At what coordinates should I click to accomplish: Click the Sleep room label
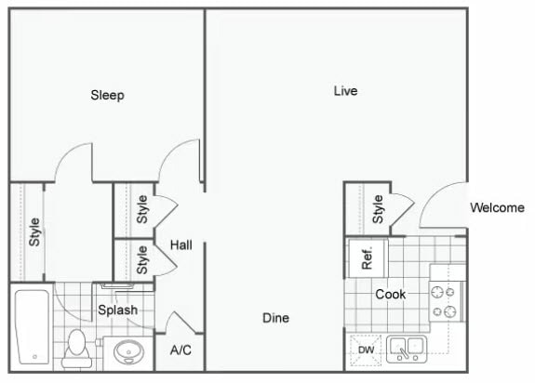click(x=107, y=95)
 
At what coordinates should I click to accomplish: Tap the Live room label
click(x=345, y=91)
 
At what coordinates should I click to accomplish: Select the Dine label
click(x=275, y=318)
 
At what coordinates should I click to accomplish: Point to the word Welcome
click(x=497, y=207)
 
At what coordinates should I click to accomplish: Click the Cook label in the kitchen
click(x=390, y=294)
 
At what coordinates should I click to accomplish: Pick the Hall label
click(x=181, y=244)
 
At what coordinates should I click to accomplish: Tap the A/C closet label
click(x=181, y=350)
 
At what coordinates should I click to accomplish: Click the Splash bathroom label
click(x=118, y=310)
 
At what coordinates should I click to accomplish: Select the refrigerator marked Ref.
click(x=366, y=258)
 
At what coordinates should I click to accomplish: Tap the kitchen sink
click(x=406, y=349)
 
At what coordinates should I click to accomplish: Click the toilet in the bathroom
click(x=76, y=346)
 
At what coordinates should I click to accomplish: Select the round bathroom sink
click(x=127, y=351)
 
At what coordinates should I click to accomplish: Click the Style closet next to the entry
click(x=368, y=209)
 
